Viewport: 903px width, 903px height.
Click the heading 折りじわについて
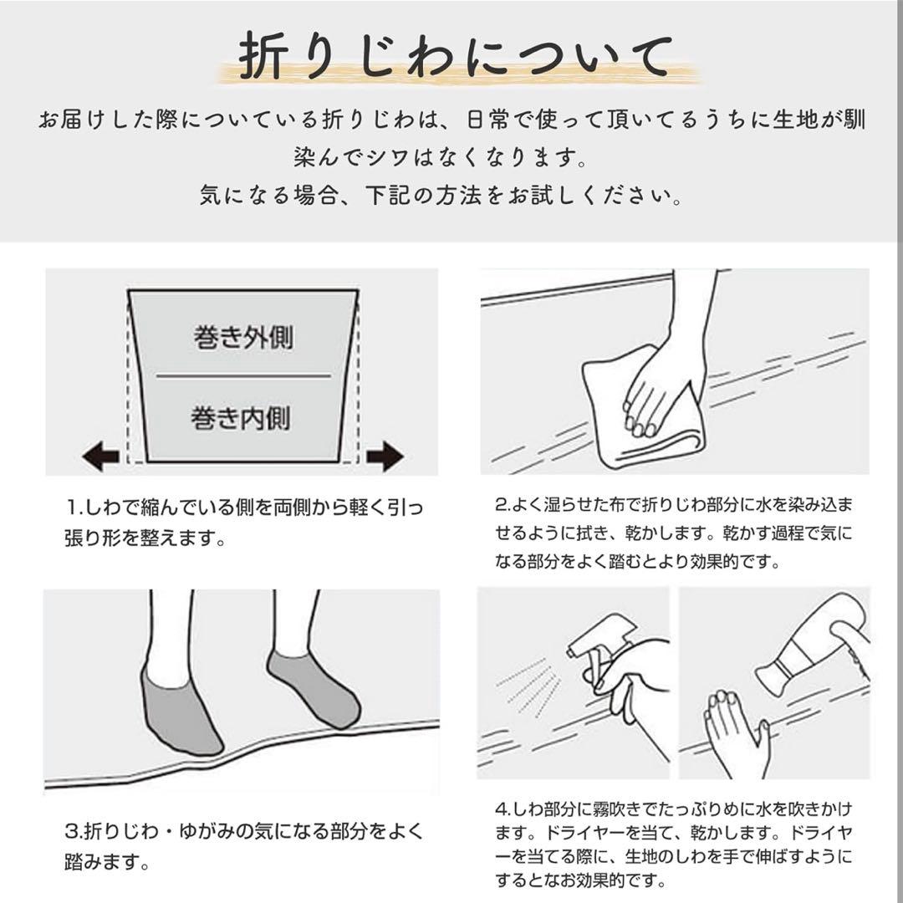pyautogui.click(x=456, y=57)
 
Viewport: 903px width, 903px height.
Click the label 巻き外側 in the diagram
pyautogui.click(x=243, y=338)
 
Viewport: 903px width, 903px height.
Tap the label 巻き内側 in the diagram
pyautogui.click(x=241, y=417)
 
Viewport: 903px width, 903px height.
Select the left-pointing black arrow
pyautogui.click(x=101, y=456)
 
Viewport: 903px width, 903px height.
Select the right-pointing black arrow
pyautogui.click(x=385, y=456)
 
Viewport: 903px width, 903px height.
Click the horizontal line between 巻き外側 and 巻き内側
pyautogui.click(x=243, y=376)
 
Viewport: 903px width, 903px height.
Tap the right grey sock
pyautogui.click(x=314, y=688)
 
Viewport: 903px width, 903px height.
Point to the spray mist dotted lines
pyautogui.click(x=530, y=686)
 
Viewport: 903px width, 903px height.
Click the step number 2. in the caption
pyautogui.click(x=503, y=505)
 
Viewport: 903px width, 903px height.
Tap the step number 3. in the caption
pyautogui.click(x=74, y=832)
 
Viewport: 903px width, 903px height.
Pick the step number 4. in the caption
pyautogui.click(x=503, y=809)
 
